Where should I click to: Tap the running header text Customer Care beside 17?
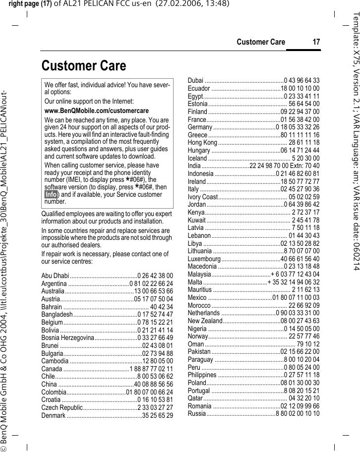point(261,42)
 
